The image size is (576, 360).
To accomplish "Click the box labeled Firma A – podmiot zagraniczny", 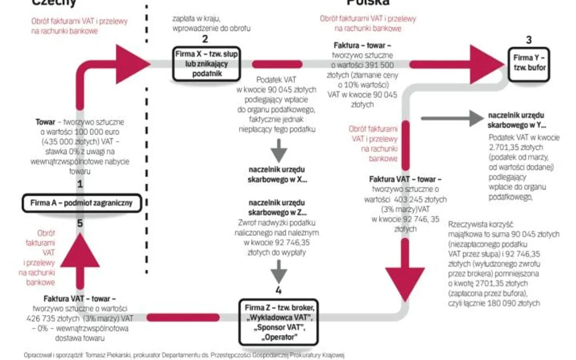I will (81, 203).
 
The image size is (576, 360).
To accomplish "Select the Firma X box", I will (205, 63).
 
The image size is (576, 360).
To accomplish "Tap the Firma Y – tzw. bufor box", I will (529, 64).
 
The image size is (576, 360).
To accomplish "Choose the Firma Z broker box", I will (278, 322).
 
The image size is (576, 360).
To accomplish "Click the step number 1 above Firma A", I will (80, 184).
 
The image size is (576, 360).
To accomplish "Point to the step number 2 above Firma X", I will (205, 39).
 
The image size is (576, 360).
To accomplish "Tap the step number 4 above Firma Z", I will (278, 291).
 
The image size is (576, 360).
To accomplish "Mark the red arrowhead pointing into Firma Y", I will (485, 64).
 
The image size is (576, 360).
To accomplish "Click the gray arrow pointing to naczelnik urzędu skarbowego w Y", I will (451, 118).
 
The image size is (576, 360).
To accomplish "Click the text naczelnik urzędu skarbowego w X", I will (278, 175).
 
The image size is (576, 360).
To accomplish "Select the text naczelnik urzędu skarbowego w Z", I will (278, 207).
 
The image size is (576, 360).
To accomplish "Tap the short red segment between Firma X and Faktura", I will (277, 64).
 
